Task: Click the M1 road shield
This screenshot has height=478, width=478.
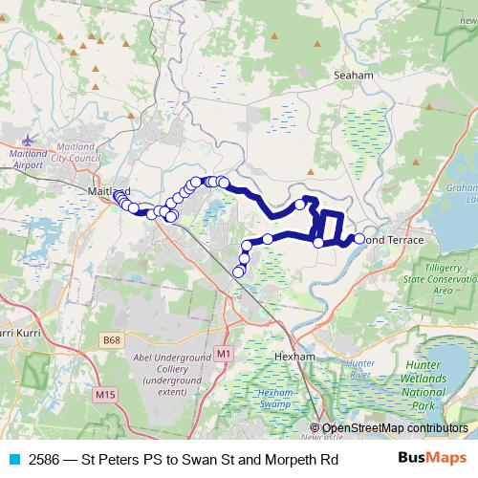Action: tap(224, 354)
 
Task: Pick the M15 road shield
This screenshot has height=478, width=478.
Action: tap(105, 393)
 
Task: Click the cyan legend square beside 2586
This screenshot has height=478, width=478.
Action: tap(13, 457)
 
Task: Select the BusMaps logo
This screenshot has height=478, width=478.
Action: tap(433, 457)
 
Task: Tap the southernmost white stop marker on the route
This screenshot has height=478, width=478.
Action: tap(239, 272)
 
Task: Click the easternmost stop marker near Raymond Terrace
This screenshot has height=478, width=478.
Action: tap(359, 239)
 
